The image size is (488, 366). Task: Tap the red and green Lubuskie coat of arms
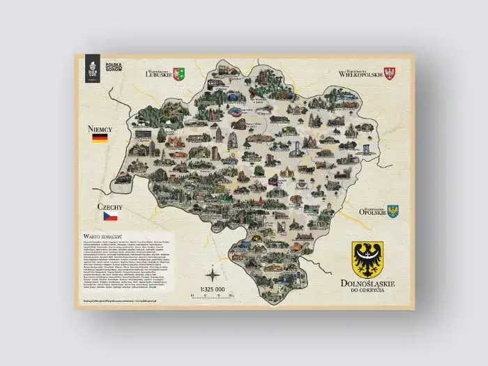179,72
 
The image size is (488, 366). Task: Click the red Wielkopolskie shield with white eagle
390,72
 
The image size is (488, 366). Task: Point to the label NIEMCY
101,129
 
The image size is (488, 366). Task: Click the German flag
100,139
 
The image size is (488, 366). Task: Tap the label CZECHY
111,207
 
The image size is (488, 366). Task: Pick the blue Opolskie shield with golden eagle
392,210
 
